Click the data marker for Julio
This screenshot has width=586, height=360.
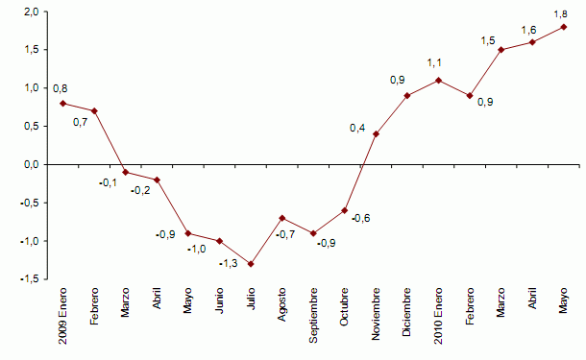pos(251,264)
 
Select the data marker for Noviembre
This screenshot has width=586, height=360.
pos(376,133)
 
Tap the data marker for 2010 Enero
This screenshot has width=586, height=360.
pos(438,80)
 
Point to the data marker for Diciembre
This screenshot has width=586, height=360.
pos(407,95)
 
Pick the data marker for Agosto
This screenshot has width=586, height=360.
pos(282,218)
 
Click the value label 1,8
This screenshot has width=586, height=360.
pos(562,14)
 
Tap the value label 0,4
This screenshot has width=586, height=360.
pos(357,128)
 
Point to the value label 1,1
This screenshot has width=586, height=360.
pos(433,63)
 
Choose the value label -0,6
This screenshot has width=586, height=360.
pos(361,218)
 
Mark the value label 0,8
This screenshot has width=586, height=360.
pos(60,88)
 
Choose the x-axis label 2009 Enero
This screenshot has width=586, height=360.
pos(63,316)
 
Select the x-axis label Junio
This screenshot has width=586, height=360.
pos(220,304)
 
